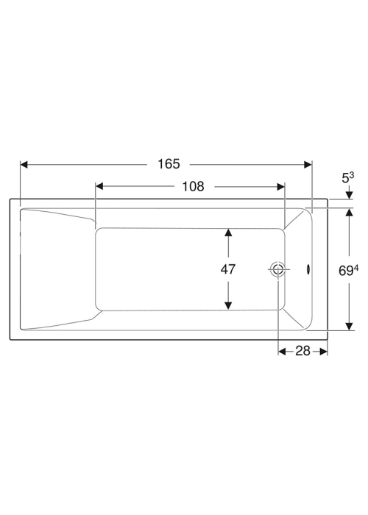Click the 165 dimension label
tap(169, 163)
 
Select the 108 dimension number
tap(193, 186)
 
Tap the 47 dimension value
tap(228, 269)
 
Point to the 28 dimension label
tap(303, 351)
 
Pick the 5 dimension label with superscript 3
tap(348, 178)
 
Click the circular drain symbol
tap(277, 270)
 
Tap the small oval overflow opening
tap(308, 269)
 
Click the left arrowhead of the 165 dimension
tap(24, 164)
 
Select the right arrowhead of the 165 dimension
tap(308, 164)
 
